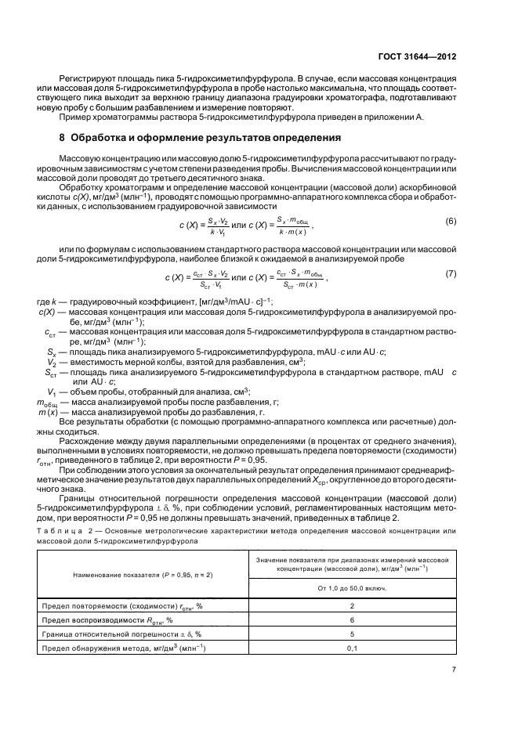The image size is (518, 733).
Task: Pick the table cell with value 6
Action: (351, 619)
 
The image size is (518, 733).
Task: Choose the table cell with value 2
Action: (351, 605)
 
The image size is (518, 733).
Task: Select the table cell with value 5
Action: (351, 634)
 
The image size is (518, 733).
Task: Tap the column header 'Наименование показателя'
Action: (132, 574)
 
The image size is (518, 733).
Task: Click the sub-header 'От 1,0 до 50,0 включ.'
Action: (351, 586)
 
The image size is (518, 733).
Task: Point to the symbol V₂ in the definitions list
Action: (51, 363)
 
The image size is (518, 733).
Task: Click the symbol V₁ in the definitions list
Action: (51, 391)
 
